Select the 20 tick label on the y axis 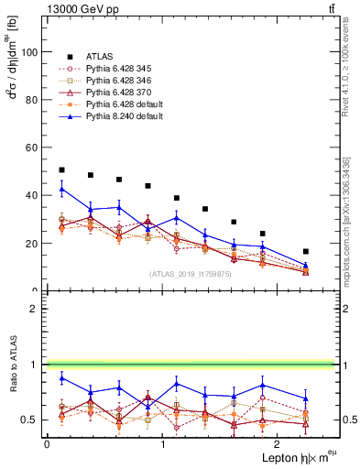[x=33, y=244]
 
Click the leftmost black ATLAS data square [x=61, y=169]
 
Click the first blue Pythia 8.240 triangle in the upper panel [x=61, y=190]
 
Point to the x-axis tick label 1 [x=162, y=443]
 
